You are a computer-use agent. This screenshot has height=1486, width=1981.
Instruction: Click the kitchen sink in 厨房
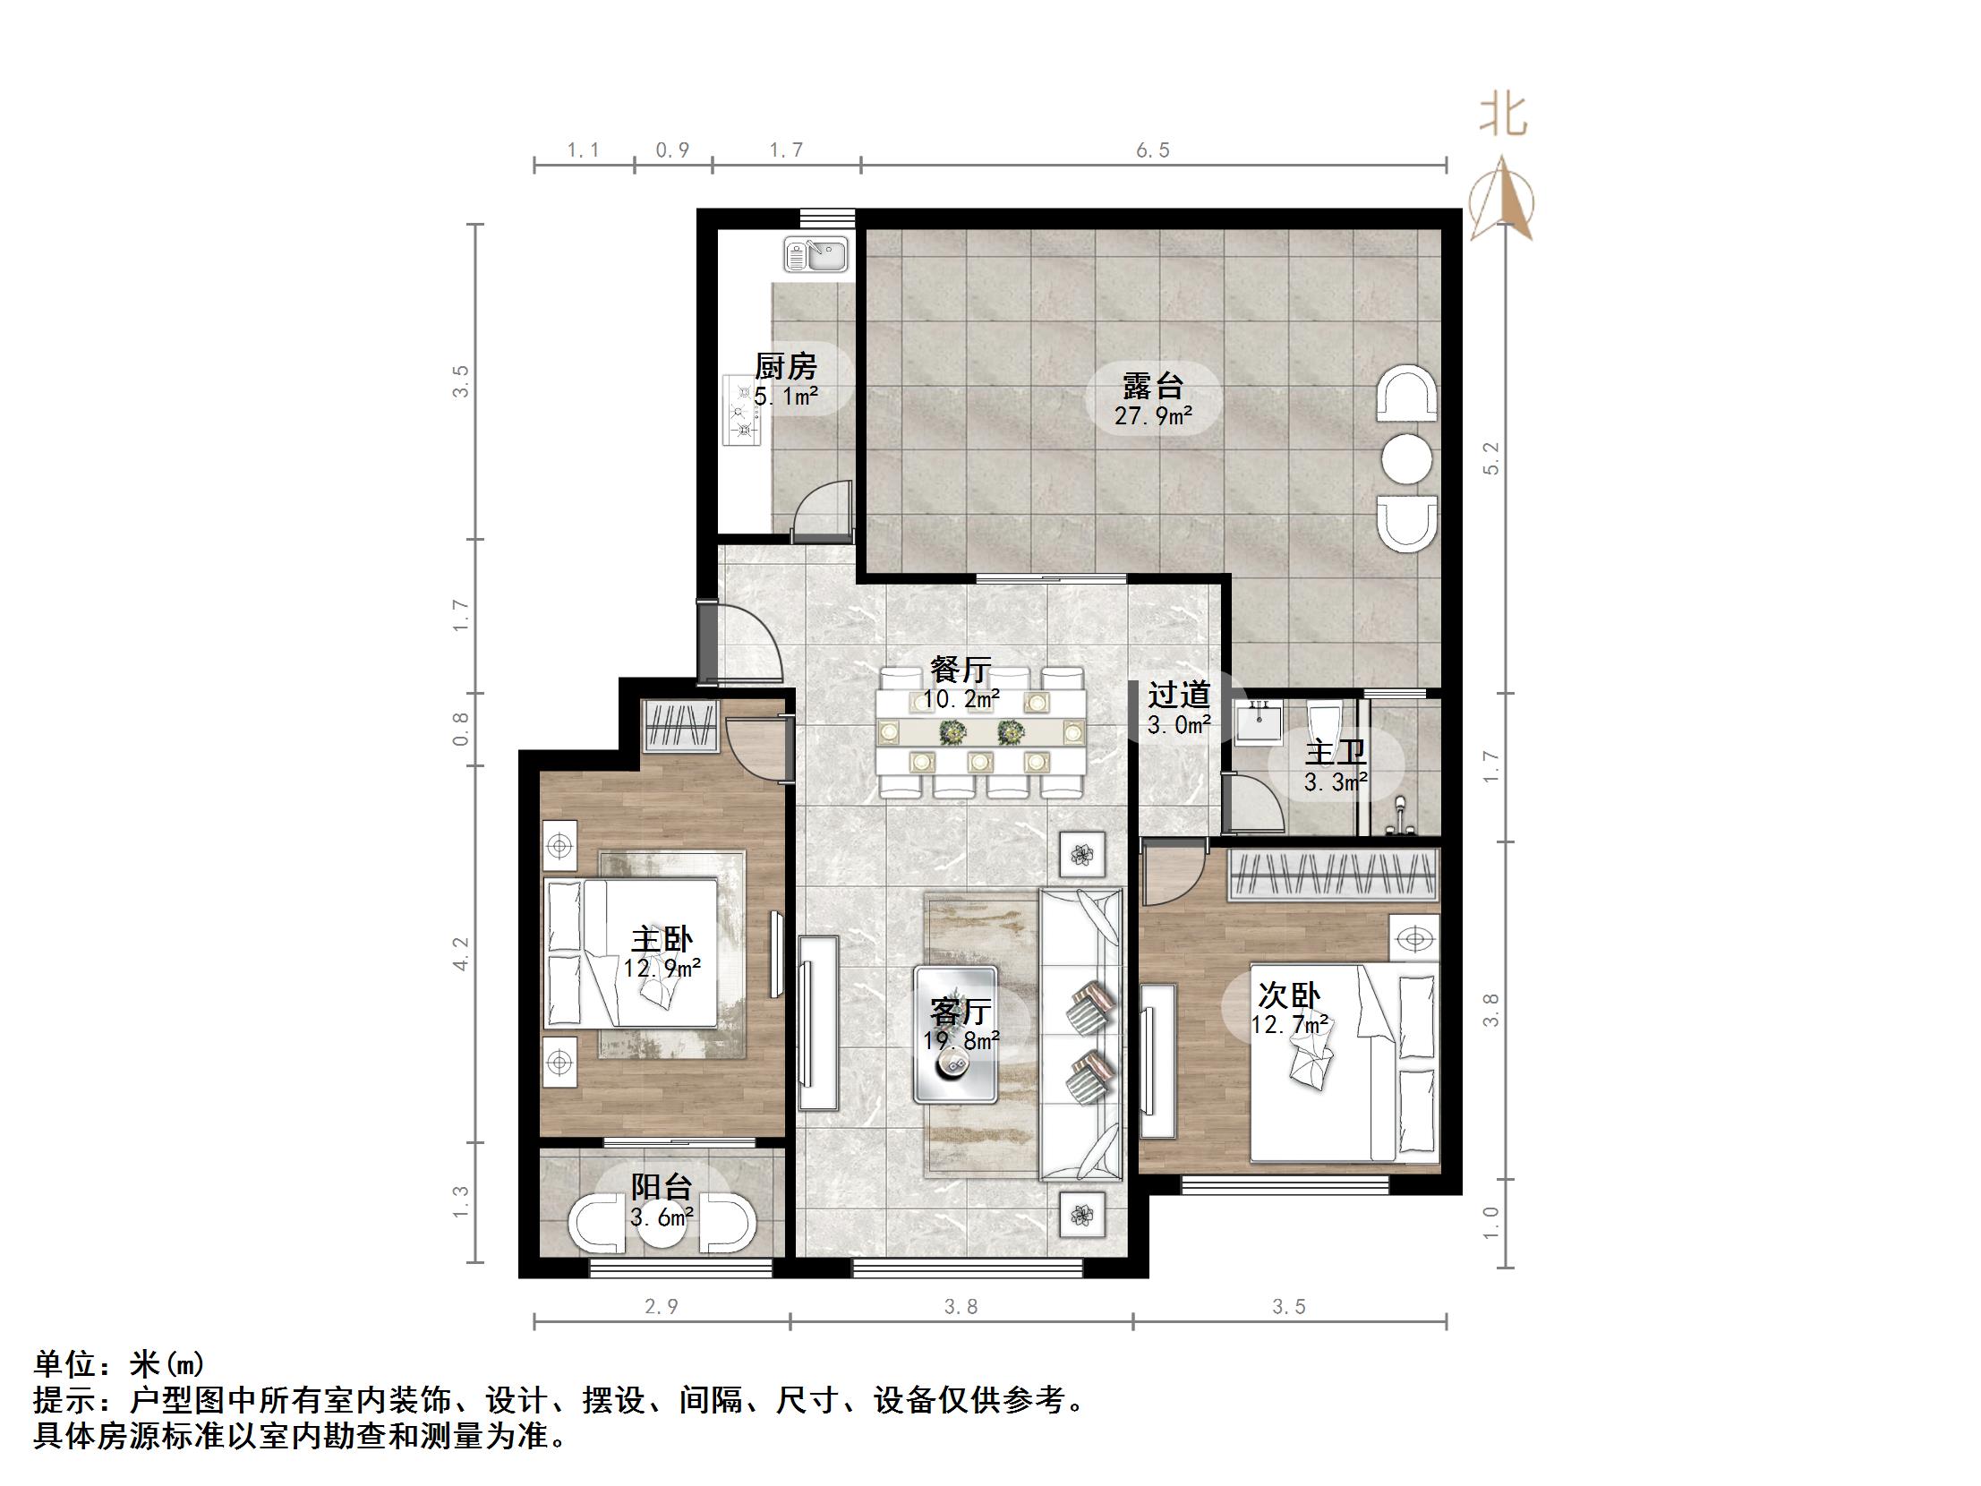point(815,254)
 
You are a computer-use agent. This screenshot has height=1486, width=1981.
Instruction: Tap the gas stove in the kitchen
point(742,413)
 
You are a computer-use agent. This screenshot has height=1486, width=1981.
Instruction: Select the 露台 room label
point(1153,386)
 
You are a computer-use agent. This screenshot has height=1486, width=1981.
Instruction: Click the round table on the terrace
point(1406,458)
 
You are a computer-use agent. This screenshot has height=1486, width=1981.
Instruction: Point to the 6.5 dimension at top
point(1153,150)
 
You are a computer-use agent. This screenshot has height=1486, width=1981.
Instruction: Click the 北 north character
point(1503,116)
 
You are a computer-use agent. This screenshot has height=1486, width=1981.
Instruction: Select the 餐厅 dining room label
point(961,669)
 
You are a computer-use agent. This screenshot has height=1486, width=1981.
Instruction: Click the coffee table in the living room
point(955,1034)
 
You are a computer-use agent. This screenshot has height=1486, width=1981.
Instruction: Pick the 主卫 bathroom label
point(1336,753)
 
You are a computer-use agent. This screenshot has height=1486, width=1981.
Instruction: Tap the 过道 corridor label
point(1179,694)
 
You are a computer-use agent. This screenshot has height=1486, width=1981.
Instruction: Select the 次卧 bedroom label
point(1289,995)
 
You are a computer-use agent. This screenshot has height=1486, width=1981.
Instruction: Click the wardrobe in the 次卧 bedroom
point(1334,875)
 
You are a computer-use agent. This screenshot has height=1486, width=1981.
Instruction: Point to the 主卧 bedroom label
point(662,940)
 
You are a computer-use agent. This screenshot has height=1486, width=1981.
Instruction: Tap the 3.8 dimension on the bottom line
point(961,1307)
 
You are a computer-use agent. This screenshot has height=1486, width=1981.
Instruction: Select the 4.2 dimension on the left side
point(460,953)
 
